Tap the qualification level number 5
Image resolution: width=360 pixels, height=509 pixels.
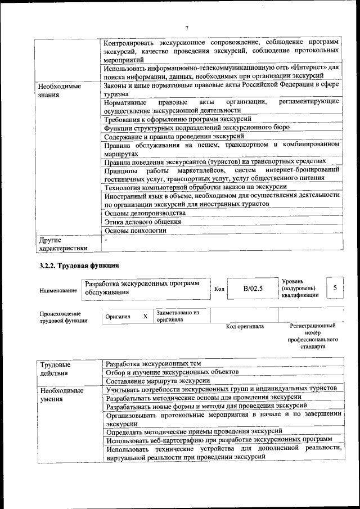point(335,288)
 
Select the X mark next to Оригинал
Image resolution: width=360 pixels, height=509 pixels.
point(145,317)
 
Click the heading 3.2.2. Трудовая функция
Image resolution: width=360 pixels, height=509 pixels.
point(78,265)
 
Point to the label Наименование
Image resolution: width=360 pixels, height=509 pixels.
point(58,291)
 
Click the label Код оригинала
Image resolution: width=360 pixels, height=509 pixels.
point(245,326)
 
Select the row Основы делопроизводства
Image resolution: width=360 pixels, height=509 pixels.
point(145,213)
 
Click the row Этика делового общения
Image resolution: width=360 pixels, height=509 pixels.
point(143,222)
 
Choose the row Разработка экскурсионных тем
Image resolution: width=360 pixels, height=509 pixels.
point(154,363)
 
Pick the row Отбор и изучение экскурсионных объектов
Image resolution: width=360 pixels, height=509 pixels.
point(173,372)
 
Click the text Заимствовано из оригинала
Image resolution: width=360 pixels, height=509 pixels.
point(174,316)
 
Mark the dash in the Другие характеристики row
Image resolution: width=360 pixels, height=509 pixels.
point(106,240)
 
